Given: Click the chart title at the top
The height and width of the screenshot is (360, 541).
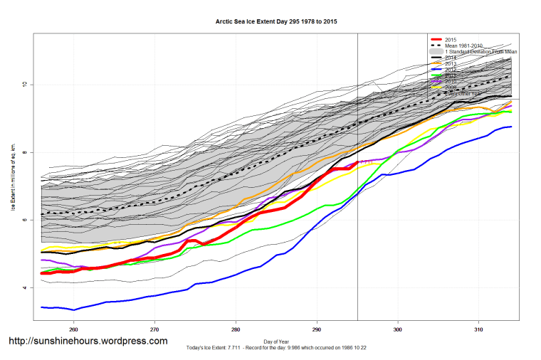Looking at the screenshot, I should (x=276, y=22).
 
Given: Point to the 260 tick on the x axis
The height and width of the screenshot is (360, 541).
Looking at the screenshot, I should (x=73, y=329).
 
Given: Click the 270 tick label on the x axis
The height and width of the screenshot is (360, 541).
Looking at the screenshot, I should (x=154, y=329).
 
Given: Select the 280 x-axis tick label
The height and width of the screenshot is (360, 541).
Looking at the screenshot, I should (x=236, y=329).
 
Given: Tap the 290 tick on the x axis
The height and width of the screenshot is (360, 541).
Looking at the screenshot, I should (x=317, y=329).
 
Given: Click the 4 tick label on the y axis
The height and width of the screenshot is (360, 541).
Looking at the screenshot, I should (x=23, y=288).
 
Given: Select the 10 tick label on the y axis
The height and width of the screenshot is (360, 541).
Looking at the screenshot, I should (x=23, y=85).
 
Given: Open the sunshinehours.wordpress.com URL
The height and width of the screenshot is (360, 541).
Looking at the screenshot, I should (x=88, y=342).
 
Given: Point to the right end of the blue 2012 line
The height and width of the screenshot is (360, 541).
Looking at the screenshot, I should (x=511, y=127).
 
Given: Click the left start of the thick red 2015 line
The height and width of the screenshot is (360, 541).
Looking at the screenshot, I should (x=42, y=273).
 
